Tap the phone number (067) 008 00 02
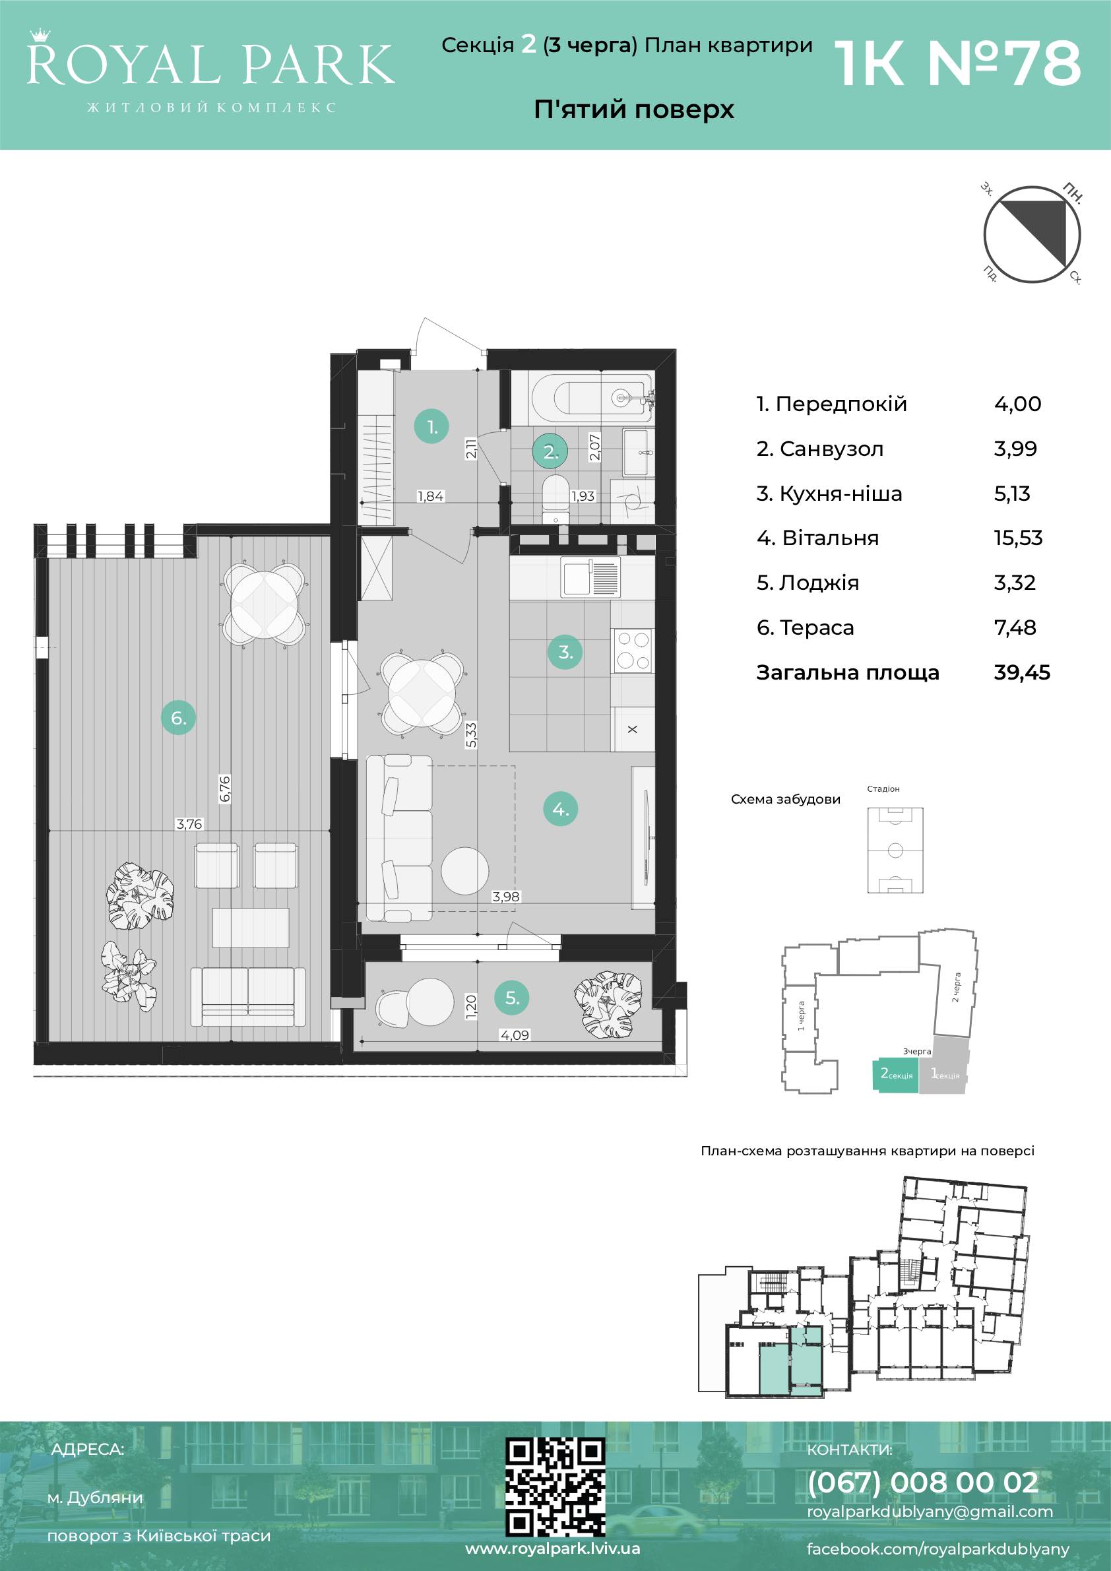(923, 1482)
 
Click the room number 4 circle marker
(561, 810)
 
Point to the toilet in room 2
(555, 498)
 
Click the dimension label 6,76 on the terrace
(225, 789)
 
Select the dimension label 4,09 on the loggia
(515, 1035)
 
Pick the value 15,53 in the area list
(1018, 538)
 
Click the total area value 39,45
(1022, 672)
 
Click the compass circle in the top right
(1032, 236)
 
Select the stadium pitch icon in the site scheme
(895, 850)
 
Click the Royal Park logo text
(210, 64)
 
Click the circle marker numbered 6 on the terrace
(179, 718)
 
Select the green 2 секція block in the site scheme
(895, 1075)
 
